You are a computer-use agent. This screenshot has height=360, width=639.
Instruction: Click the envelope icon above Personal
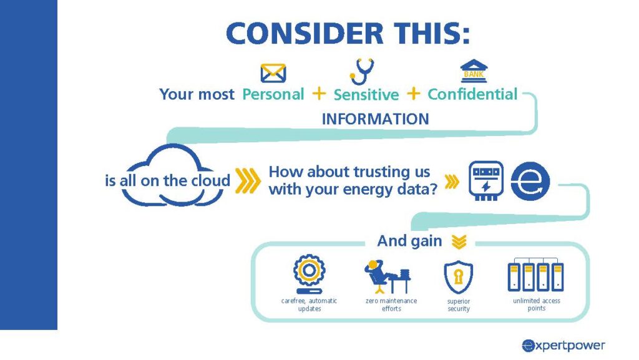pyautogui.click(x=273, y=73)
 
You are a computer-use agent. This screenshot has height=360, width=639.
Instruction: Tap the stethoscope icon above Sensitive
pyautogui.click(x=362, y=72)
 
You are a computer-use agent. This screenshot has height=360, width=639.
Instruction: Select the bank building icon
pyautogui.click(x=474, y=71)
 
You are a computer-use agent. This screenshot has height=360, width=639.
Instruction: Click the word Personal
pyautogui.click(x=273, y=94)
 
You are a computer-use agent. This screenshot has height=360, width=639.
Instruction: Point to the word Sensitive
pyautogui.click(x=366, y=94)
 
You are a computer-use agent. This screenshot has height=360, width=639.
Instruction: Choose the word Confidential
pyautogui.click(x=472, y=94)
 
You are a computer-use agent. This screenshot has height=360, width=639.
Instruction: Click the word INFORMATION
pyautogui.click(x=375, y=119)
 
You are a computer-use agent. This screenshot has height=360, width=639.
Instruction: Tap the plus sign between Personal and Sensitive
pyautogui.click(x=319, y=94)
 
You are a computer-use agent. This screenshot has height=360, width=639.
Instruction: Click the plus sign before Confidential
pyautogui.click(x=413, y=94)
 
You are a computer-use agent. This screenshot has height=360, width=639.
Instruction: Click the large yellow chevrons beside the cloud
pyautogui.click(x=248, y=180)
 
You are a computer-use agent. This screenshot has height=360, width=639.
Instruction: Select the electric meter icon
pyautogui.click(x=485, y=180)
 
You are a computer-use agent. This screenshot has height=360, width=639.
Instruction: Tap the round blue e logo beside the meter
pyautogui.click(x=530, y=181)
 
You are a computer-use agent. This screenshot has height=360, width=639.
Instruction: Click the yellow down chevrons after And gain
pyautogui.click(x=459, y=241)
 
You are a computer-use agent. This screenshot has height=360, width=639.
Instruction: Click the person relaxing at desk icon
pyautogui.click(x=388, y=276)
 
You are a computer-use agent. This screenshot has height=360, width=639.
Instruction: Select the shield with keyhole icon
pyautogui.click(x=459, y=277)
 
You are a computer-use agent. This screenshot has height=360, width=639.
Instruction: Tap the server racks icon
pyautogui.click(x=535, y=275)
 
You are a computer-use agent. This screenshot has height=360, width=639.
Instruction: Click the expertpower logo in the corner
pyautogui.click(x=563, y=346)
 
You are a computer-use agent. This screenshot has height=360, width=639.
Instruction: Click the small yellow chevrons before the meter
pyautogui.click(x=452, y=182)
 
